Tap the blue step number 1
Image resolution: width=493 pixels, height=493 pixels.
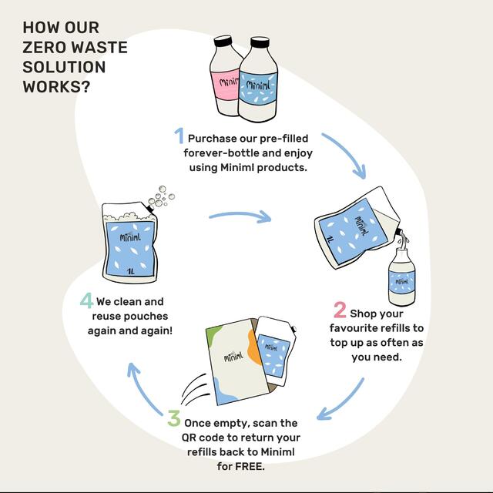179,136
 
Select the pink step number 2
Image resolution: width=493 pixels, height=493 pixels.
340,310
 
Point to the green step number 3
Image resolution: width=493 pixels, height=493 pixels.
174,420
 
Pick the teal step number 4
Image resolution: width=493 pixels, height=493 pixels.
86,300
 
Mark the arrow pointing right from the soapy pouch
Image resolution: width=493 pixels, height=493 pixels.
240,216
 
